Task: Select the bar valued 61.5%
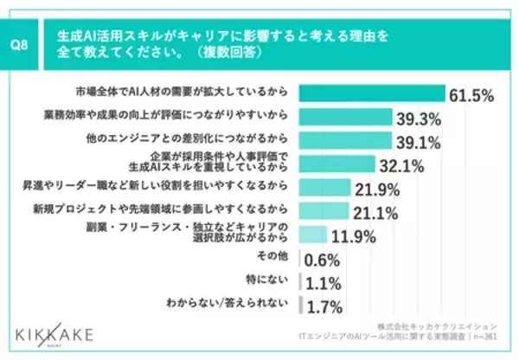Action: [x=371, y=93]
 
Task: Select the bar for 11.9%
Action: [x=312, y=234]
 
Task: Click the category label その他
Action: [x=274, y=258]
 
